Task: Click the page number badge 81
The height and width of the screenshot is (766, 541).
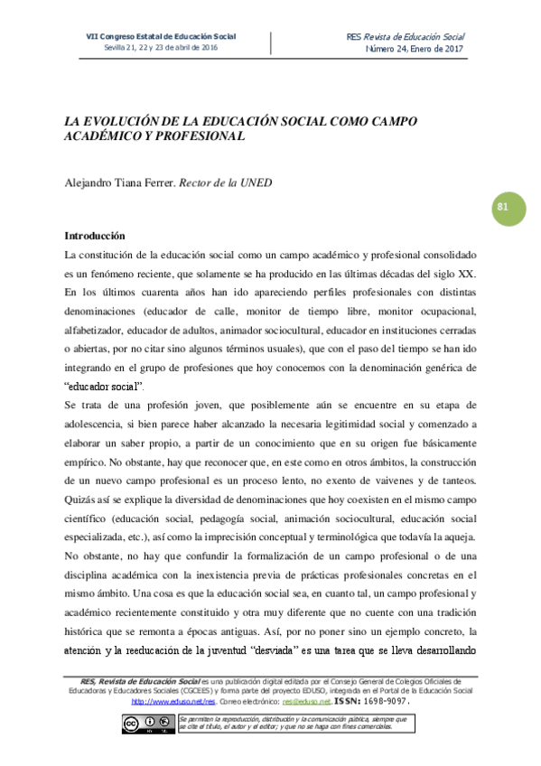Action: pos(503,207)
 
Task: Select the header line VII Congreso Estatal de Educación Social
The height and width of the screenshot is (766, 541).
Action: pos(160,36)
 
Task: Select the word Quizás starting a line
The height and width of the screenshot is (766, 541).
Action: pos(83,499)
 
